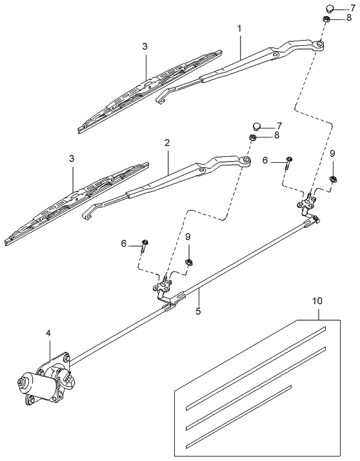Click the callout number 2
tap(167, 142)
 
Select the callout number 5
tap(199, 311)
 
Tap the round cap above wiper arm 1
tap(328, 8)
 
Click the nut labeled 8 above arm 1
tap(328, 20)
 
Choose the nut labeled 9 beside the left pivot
tap(189, 261)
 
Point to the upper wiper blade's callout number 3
tap(145, 46)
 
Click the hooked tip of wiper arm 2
tap(86, 215)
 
